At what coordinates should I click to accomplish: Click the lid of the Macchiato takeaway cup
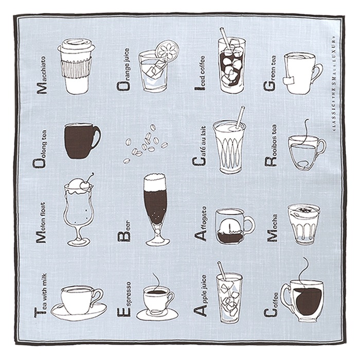tap(76, 46)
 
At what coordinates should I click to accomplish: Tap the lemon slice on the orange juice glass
tap(167, 50)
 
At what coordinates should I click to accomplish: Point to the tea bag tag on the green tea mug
tap(289, 80)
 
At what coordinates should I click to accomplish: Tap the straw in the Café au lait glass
tap(240, 117)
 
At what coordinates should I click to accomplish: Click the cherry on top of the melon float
tap(85, 185)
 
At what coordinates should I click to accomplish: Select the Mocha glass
tap(303, 224)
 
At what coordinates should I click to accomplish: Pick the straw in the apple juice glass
tap(222, 271)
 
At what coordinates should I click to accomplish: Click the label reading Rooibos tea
tap(271, 145)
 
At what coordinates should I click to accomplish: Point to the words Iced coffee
tap(200, 73)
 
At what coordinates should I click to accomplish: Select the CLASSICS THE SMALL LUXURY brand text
tap(334, 83)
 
